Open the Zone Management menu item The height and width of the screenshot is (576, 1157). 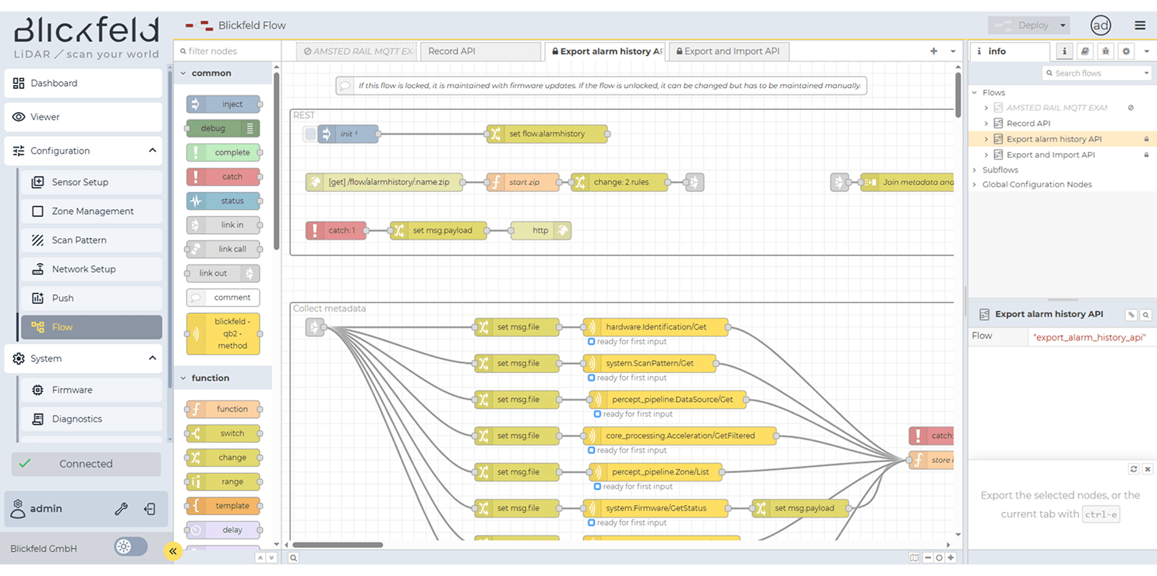click(x=92, y=212)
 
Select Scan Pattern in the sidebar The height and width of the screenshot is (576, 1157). click(x=79, y=240)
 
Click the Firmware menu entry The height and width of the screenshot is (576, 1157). click(x=72, y=390)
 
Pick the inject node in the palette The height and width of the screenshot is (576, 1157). click(x=223, y=105)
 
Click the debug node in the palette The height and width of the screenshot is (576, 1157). click(x=223, y=129)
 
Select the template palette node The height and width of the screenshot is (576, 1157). click(x=223, y=506)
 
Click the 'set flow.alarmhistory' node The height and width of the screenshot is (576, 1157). click(x=547, y=134)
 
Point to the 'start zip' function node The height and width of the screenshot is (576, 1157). click(x=523, y=183)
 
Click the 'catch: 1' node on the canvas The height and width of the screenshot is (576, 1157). click(x=336, y=230)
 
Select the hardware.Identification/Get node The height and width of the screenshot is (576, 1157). click(x=656, y=327)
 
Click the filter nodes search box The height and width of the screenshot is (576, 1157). click(x=227, y=52)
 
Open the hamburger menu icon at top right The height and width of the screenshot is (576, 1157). click(x=1140, y=26)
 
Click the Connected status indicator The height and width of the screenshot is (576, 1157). click(x=86, y=464)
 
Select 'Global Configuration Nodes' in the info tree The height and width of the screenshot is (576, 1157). click(x=1037, y=185)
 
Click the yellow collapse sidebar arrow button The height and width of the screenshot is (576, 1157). click(x=173, y=551)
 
